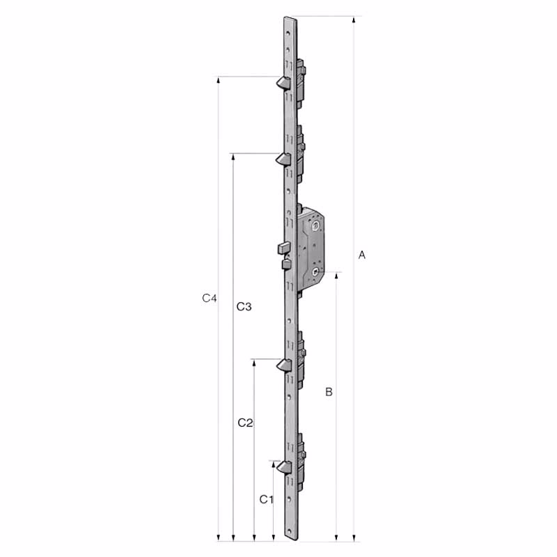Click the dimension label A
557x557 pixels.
coord(361,256)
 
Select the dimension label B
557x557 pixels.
coord(329,393)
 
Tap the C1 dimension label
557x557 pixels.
coord(267,499)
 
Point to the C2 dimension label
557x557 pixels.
coord(245,423)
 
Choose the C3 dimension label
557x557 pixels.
coord(244,306)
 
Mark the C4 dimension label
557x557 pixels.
coord(210,298)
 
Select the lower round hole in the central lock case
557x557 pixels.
coord(317,271)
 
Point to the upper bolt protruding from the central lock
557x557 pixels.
coord(283,248)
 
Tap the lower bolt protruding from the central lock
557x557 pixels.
coord(285,264)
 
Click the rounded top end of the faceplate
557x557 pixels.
coord(290,19)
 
